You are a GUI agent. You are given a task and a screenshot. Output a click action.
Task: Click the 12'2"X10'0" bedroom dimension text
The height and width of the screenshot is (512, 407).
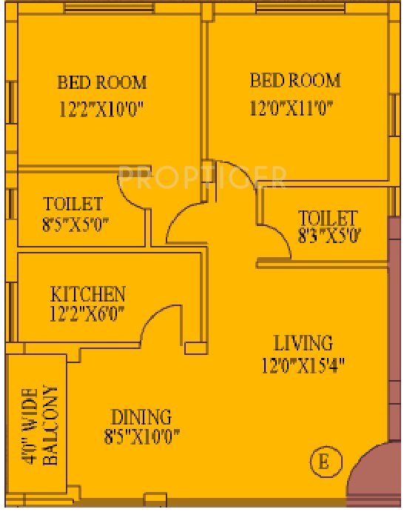pyautogui.click(x=101, y=110)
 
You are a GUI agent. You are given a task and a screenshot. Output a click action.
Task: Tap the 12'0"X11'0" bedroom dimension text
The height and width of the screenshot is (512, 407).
pyautogui.click(x=292, y=108)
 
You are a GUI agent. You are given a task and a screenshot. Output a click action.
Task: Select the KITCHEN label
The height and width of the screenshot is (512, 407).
pyautogui.click(x=87, y=293)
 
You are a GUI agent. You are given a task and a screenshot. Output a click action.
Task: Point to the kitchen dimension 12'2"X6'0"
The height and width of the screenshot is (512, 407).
pyautogui.click(x=87, y=313)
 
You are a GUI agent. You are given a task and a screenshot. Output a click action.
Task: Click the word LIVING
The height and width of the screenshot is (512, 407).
pyautogui.click(x=303, y=344)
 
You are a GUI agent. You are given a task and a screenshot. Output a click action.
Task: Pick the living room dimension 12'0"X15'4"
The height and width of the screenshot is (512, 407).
pyautogui.click(x=303, y=365)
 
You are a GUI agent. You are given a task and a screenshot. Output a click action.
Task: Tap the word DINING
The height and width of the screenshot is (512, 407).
pyautogui.click(x=141, y=416)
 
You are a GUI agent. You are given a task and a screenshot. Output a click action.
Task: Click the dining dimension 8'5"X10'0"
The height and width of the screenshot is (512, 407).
pyautogui.click(x=142, y=436)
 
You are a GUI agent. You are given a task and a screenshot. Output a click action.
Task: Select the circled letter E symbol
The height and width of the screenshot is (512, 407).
pyautogui.click(x=323, y=462)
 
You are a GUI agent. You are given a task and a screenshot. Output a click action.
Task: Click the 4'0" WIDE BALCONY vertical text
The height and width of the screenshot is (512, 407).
pyautogui.click(x=39, y=425)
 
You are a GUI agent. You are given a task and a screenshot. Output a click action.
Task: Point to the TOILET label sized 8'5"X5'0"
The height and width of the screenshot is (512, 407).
pyautogui.click(x=73, y=204)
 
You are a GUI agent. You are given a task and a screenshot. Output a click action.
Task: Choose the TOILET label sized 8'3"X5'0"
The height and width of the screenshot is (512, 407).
pyautogui.click(x=328, y=218)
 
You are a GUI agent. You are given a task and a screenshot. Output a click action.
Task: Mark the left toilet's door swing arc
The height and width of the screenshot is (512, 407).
pyautogui.click(x=135, y=194)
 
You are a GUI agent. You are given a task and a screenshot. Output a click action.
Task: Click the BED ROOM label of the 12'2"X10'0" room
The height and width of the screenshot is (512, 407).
pyautogui.click(x=102, y=82)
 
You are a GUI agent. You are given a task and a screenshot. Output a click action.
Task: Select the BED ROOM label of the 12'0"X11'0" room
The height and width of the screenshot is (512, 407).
pyautogui.click(x=295, y=80)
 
